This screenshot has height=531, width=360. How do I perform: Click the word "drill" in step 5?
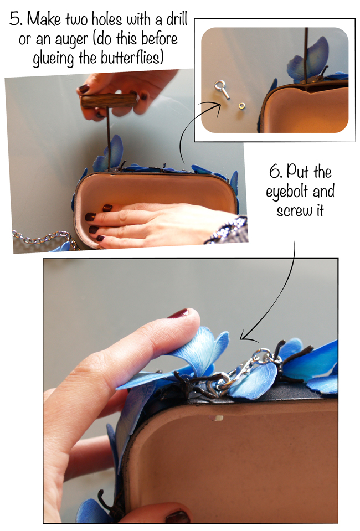click(177, 19)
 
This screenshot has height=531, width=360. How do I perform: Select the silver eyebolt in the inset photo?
click(222, 89)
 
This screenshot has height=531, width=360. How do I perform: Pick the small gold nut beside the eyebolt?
click(242, 106)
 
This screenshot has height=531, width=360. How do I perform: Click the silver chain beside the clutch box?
click(44, 239)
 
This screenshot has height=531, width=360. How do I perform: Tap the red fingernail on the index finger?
click(178, 313)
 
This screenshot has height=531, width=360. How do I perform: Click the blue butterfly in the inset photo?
click(309, 59)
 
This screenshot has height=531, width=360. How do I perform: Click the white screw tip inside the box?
click(217, 418)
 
